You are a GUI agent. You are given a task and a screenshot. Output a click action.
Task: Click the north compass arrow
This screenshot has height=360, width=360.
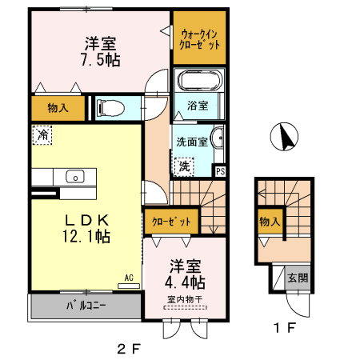coord(284,138)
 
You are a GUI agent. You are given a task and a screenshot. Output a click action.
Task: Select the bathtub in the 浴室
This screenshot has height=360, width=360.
coord(200,81)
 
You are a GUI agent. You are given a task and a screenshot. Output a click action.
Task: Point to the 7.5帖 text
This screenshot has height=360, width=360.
coord(101,60)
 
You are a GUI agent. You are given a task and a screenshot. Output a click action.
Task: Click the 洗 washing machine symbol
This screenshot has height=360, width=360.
coord(184,166)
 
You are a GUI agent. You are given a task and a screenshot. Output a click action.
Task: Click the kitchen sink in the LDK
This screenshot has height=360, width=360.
coord(74,177)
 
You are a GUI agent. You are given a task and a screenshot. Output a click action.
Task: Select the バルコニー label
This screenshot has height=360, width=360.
coord(82,306)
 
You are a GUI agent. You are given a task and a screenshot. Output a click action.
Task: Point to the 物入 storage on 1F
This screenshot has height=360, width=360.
coord(268,222)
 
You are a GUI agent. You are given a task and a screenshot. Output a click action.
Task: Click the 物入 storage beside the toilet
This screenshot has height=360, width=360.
coord(58,106)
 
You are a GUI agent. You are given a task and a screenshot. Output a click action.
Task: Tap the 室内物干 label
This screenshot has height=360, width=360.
coord(186,300)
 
